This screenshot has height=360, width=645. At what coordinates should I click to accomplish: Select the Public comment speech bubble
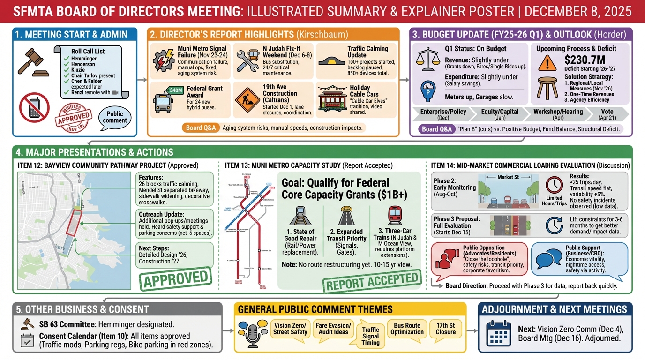[115, 117]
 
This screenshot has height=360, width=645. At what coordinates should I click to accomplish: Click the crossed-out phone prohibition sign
[34, 107]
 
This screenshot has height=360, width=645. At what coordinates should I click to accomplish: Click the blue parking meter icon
[427, 91]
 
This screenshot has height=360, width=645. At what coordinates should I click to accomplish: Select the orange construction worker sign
[247, 98]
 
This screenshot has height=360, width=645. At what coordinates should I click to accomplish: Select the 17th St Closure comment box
[445, 329]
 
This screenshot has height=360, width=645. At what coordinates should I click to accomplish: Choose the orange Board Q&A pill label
[201, 127]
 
